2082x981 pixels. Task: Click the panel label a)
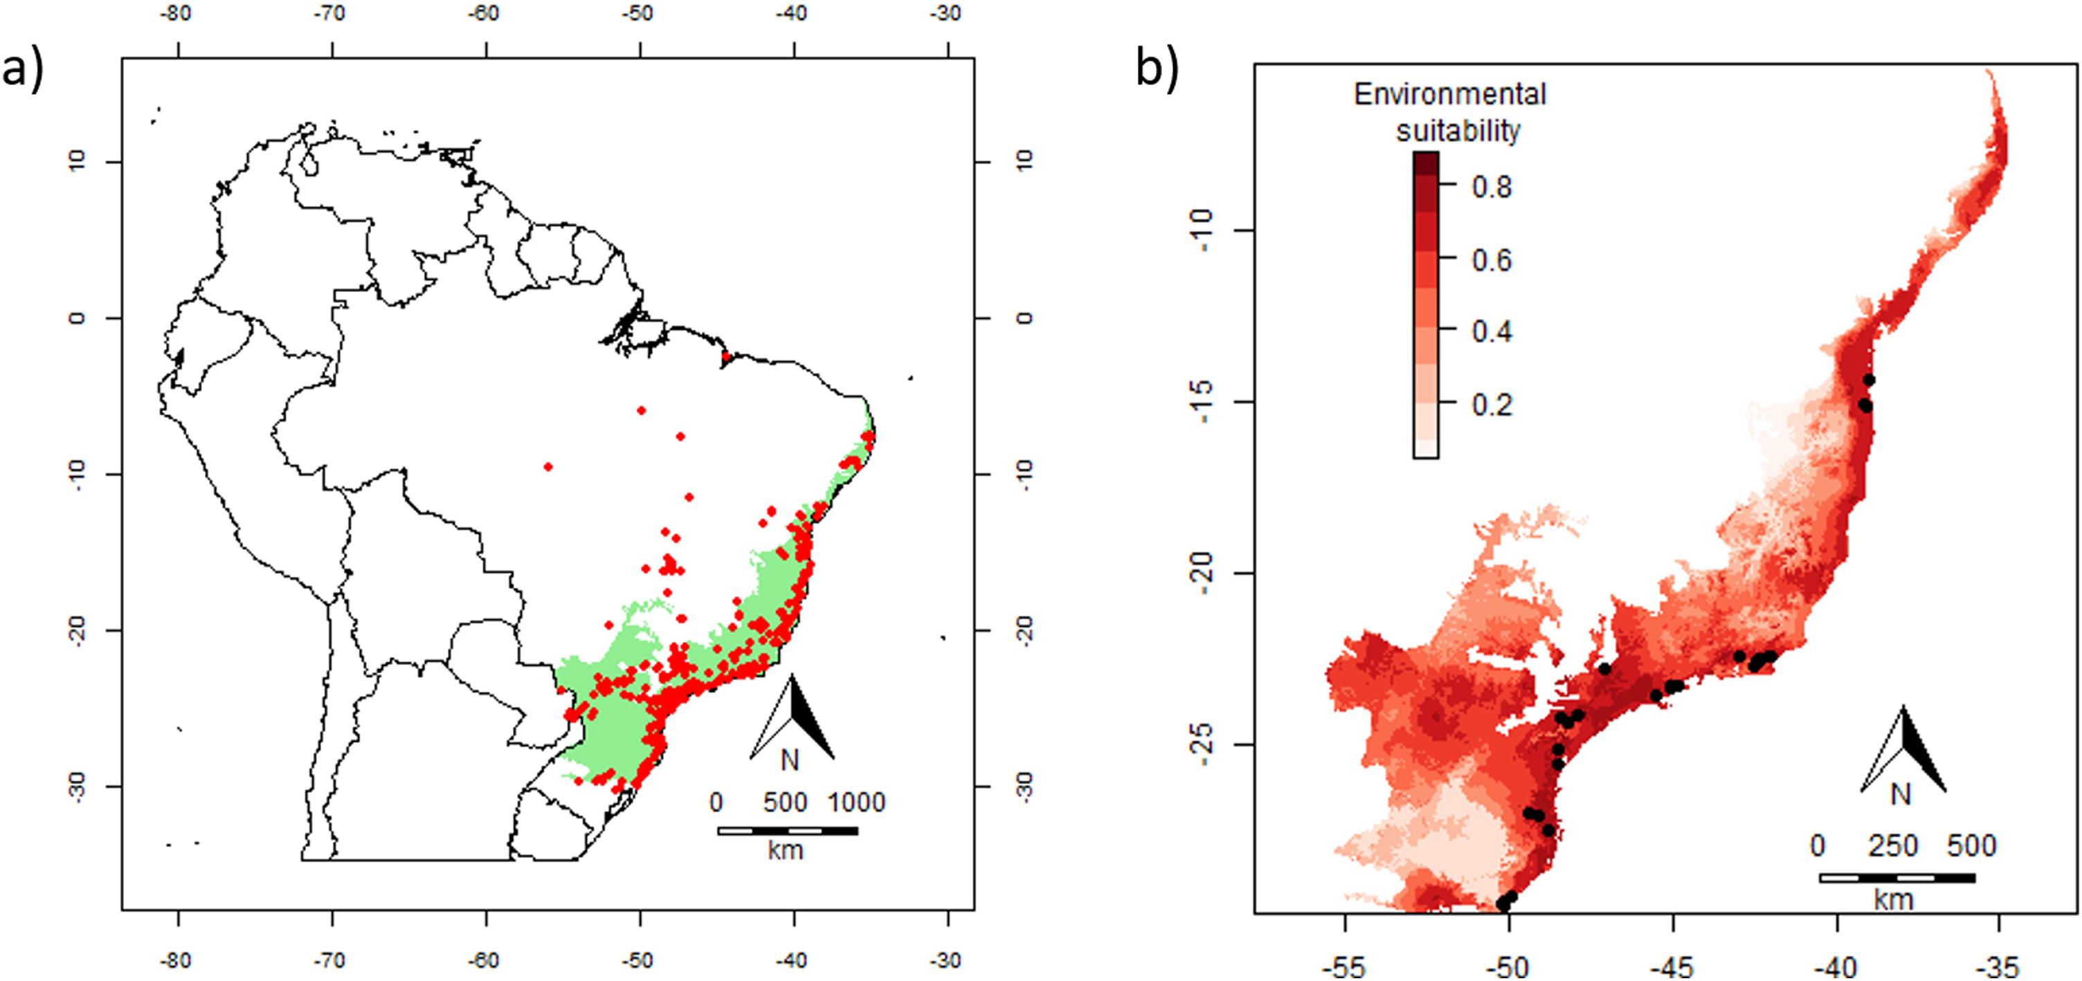(22, 68)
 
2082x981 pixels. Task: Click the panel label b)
(1157, 67)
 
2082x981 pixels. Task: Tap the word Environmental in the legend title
(1449, 95)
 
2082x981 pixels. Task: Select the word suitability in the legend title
(1458, 130)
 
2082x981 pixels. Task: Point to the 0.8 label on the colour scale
(1491, 187)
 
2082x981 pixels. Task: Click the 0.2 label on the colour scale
(1491, 404)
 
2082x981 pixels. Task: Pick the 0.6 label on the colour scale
(1491, 260)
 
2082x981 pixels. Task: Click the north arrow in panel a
(792, 719)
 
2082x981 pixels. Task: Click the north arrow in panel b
(1903, 751)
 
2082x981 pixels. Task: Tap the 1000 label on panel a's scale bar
(856, 803)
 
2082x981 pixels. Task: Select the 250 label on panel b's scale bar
(1893, 846)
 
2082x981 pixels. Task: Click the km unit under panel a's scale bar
(786, 850)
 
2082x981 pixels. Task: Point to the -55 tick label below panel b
(1345, 966)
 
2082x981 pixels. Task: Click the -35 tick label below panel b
(2000, 966)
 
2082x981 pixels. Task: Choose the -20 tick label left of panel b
(1202, 573)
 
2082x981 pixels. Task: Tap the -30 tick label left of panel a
(76, 787)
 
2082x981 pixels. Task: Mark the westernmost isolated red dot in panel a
(548, 466)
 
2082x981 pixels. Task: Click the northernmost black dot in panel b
(1869, 380)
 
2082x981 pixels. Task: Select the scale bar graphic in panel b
(1897, 877)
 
